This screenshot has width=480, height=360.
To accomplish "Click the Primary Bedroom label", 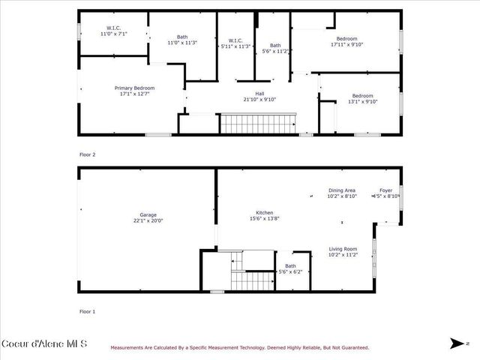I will coord(134,91).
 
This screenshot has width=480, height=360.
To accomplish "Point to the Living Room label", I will coord(342,251).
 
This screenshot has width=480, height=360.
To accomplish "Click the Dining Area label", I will coord(341,193).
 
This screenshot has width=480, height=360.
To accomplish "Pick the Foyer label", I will coord(385,193).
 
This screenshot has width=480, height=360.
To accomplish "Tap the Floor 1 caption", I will coord(88,310).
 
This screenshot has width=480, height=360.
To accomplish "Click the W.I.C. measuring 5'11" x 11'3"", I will coord(235,43).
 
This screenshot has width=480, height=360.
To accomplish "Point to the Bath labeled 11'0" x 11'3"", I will coord(182,40).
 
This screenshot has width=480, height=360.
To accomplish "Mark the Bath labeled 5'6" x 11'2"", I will coord(275,48).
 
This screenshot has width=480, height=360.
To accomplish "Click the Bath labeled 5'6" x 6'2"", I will coord(290,268).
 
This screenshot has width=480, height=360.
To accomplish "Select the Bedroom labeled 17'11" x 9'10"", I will coord(346,41).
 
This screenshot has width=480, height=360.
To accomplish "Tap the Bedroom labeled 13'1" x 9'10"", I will coord(362,98).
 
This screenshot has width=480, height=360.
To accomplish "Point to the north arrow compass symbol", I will coord(457,343).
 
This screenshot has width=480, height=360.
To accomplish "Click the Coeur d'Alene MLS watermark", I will coord(44,344).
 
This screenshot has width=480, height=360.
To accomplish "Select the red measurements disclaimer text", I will coord(240,347).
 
